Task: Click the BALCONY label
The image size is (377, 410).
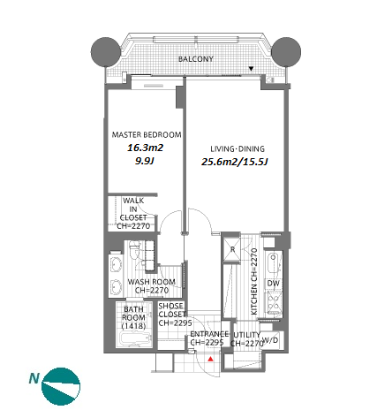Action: tap(196, 59)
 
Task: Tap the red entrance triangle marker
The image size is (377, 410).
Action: tap(210, 359)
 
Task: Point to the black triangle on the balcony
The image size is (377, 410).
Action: tap(251, 69)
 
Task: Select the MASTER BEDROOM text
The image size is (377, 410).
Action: tap(147, 135)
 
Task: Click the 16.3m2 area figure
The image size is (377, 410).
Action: tap(145, 148)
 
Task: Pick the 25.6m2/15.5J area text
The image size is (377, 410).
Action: tap(235, 162)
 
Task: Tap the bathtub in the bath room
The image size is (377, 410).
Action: tap(136, 339)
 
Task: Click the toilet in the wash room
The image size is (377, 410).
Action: tap(135, 249)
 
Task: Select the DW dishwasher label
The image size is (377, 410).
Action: tap(274, 284)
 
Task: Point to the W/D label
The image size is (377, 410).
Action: tap(270, 340)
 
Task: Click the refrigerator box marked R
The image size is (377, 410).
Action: tap(232, 250)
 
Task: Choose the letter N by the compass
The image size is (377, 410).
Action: tap(34, 378)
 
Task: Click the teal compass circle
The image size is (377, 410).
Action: tap(61, 386)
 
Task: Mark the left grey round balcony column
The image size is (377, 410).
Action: tap(106, 52)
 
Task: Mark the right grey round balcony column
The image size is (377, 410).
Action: tap(286, 52)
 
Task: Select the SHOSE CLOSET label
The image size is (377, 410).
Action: tap(172, 310)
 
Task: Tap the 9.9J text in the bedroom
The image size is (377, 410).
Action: tap(145, 161)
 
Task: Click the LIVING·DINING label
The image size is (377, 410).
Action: tap(238, 148)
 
